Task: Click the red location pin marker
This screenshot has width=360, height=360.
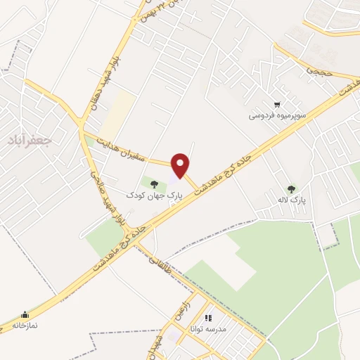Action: tap(181, 165)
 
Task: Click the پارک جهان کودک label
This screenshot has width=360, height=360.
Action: tap(154, 193)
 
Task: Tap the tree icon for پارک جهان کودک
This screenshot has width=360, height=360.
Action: tap(154, 184)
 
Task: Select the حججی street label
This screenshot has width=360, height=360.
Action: tap(316, 71)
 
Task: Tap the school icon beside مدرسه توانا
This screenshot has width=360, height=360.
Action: tap(208, 318)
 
